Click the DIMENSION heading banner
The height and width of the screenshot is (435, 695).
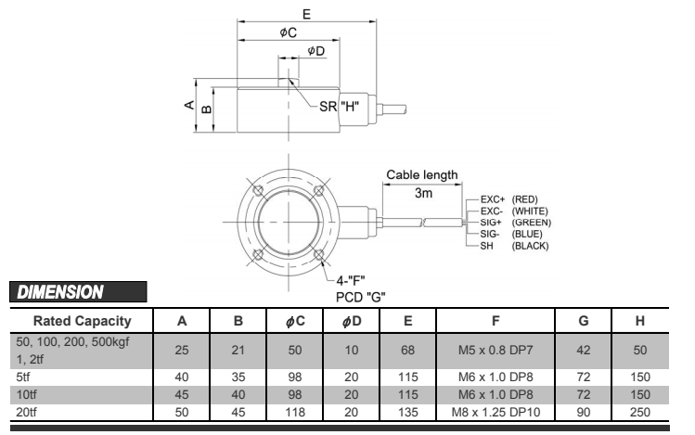click(61, 291)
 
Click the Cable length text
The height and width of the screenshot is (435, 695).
click(421, 175)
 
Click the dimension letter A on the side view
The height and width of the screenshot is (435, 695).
click(190, 106)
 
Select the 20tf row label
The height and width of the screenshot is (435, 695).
click(22, 408)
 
